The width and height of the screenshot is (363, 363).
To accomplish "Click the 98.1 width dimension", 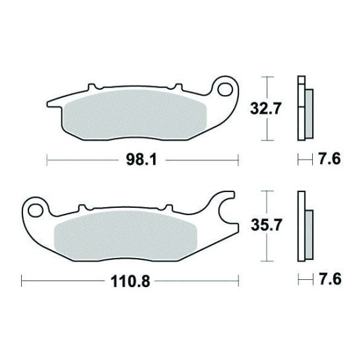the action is pos(141,160).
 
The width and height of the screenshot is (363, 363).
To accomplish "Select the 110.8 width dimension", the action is pos(130,281).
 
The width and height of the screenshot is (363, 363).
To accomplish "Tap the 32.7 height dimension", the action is pos(265,108).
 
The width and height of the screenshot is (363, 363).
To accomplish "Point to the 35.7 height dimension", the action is pos(266,226).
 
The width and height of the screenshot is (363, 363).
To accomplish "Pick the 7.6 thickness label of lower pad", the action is pos(330,279).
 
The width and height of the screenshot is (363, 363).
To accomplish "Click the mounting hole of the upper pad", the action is pos(226,89).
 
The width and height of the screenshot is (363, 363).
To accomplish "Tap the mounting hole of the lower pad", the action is pos(36,210).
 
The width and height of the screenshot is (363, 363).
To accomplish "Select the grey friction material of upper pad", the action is pos(135,115).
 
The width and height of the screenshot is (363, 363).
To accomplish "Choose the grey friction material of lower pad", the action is pos(125,236).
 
